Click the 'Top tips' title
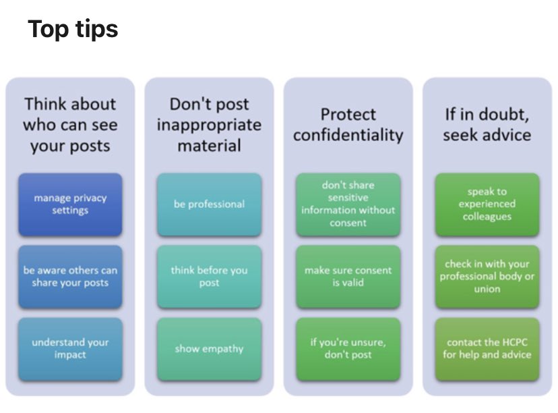click(73, 29)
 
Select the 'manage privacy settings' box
click(70, 204)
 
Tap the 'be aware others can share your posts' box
click(70, 277)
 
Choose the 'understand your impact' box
click(70, 349)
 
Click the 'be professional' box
click(209, 204)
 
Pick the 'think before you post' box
click(209, 277)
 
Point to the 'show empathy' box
click(209, 349)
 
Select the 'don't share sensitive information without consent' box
click(348, 204)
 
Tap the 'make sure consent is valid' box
click(348, 277)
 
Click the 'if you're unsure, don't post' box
click(348, 349)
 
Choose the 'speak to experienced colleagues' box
click(487, 204)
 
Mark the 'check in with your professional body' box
click(487, 277)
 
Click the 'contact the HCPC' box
click(487, 349)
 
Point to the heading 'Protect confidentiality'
click(348, 125)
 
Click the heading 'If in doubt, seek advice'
click(487, 125)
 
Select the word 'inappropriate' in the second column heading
click(209, 125)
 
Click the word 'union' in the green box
click(487, 290)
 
